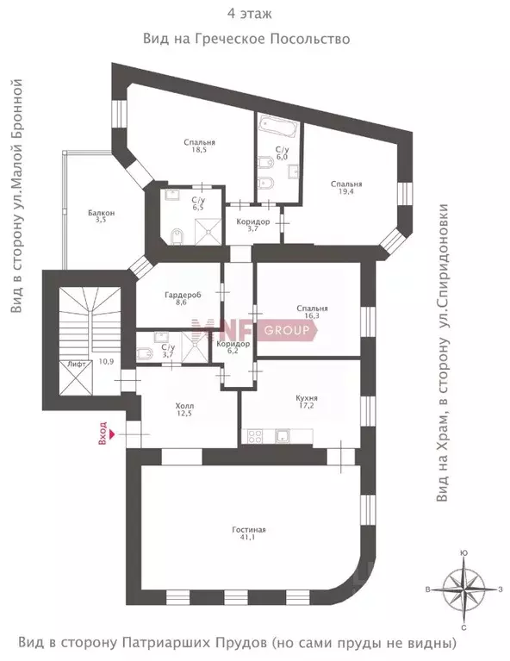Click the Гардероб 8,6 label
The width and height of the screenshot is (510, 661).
coord(182,298)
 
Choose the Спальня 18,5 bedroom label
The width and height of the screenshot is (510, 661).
coord(199,147)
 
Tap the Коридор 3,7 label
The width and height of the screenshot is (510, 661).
coord(252,226)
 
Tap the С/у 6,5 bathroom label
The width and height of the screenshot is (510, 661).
coord(196,204)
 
